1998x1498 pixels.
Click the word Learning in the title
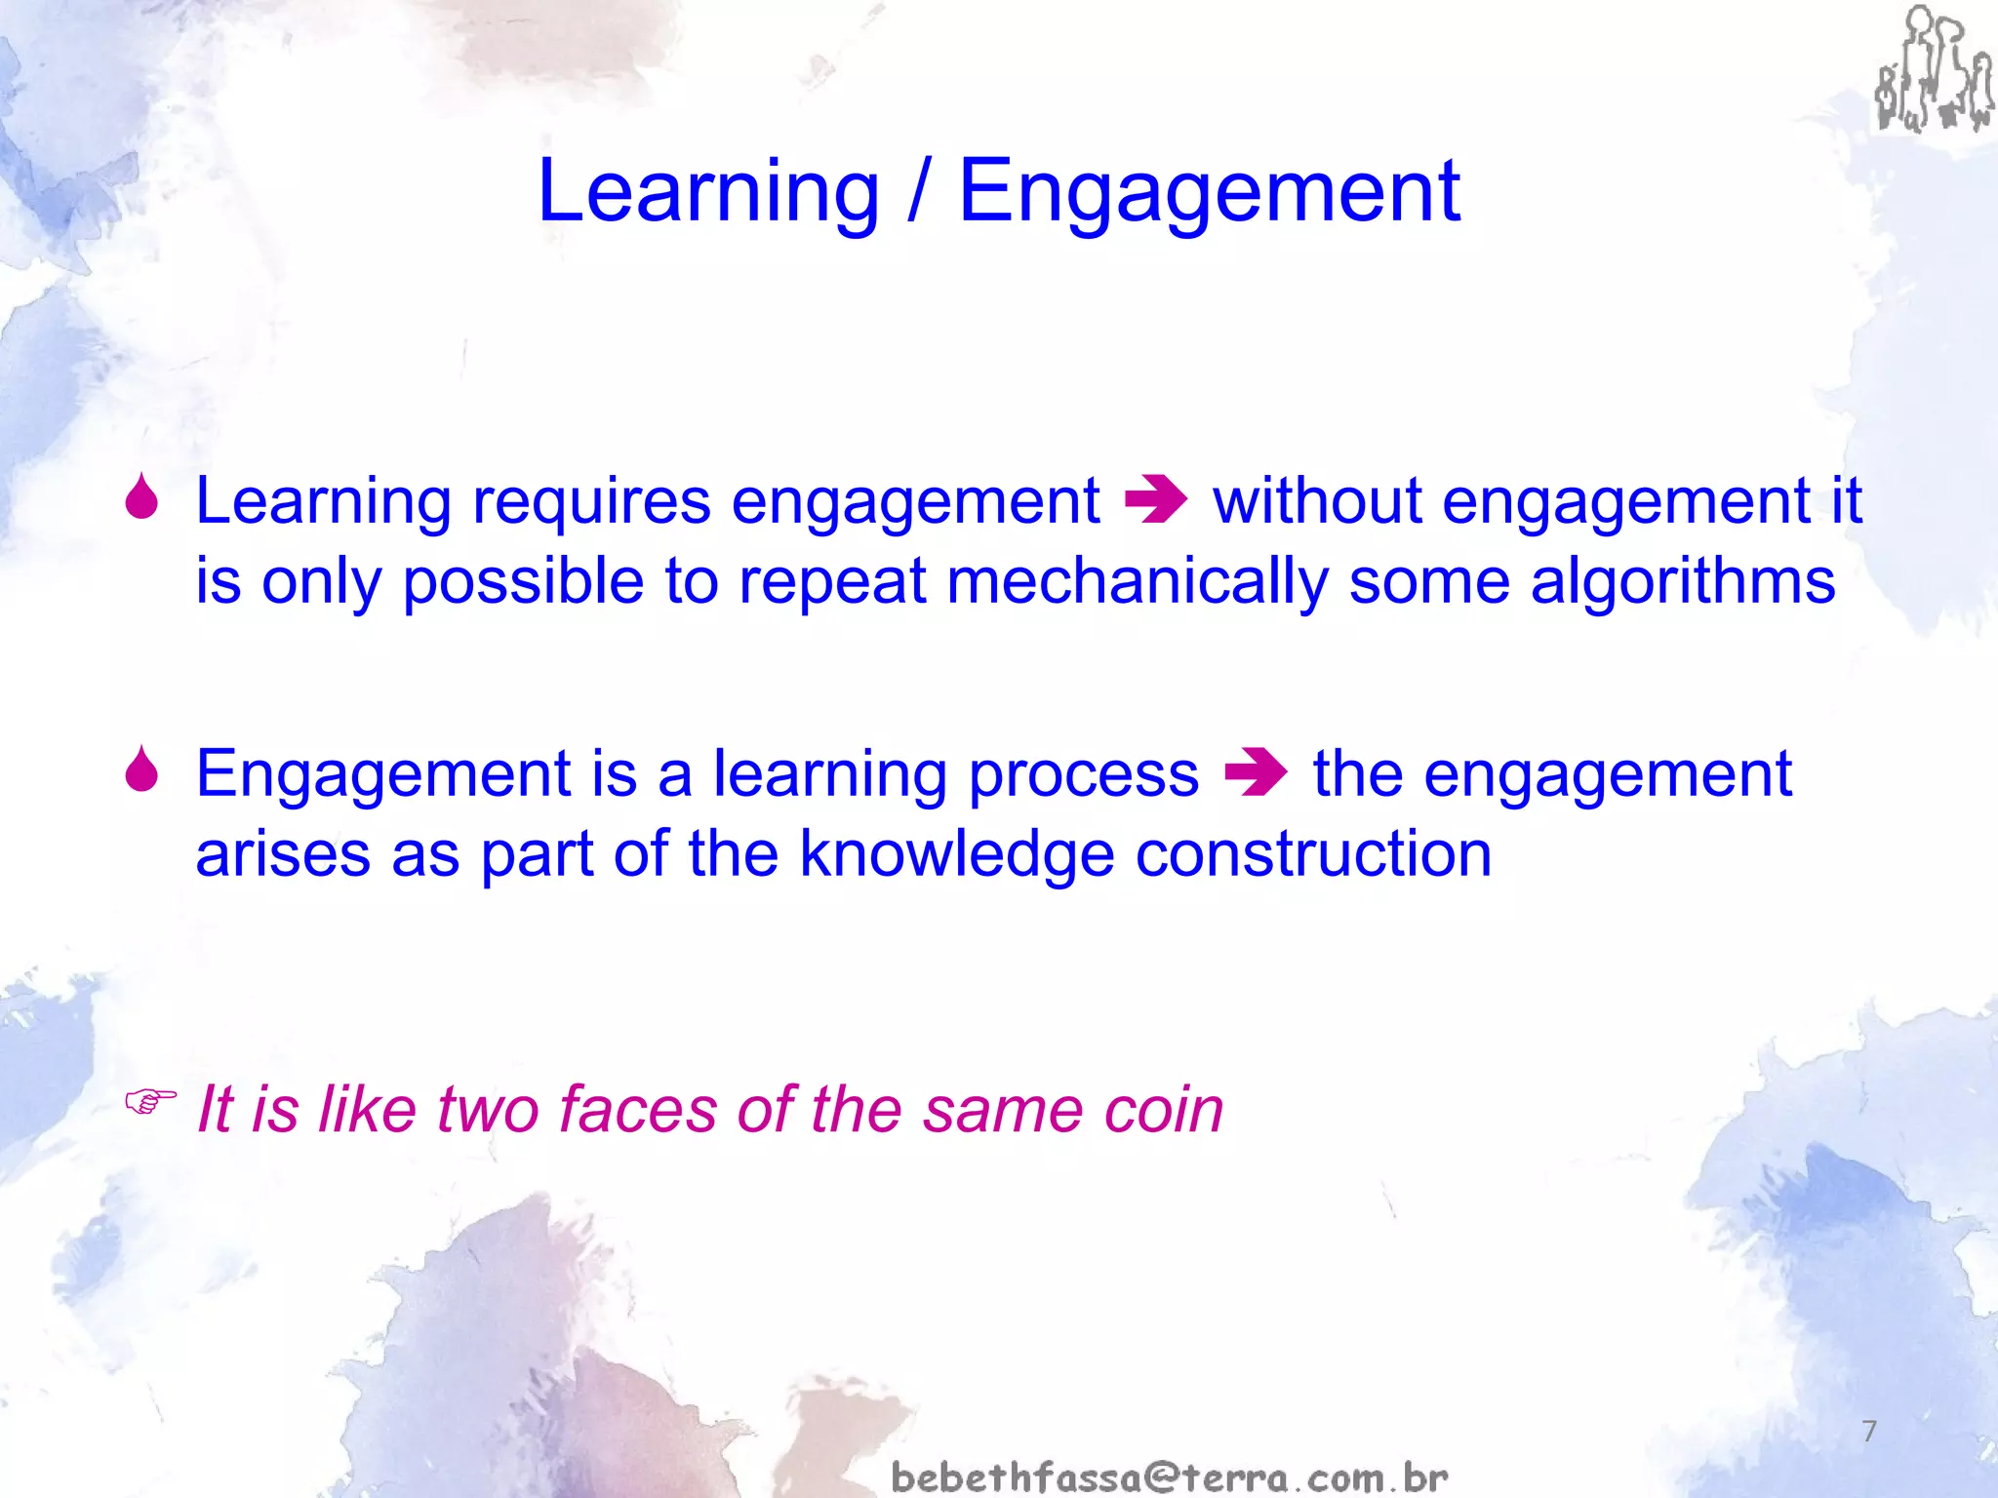[708, 192]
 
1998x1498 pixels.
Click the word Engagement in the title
[1209, 192]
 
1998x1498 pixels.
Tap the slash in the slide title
[917, 192]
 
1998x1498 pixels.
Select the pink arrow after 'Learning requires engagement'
[1156, 501]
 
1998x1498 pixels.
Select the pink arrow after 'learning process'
[1256, 774]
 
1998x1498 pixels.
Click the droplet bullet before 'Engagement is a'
[142, 770]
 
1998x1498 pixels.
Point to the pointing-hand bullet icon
[150, 1103]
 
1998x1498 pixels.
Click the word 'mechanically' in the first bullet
[1137, 582]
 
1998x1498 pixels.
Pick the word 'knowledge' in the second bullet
[956, 855]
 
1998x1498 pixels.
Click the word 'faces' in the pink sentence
[638, 1110]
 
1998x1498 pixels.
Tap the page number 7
[1869, 1431]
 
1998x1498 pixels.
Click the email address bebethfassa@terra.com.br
[1169, 1478]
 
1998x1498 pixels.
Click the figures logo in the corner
[1933, 70]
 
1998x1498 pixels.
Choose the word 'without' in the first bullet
[1316, 501]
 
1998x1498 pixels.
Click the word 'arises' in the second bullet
[282, 855]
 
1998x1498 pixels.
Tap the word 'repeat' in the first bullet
[831, 582]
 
